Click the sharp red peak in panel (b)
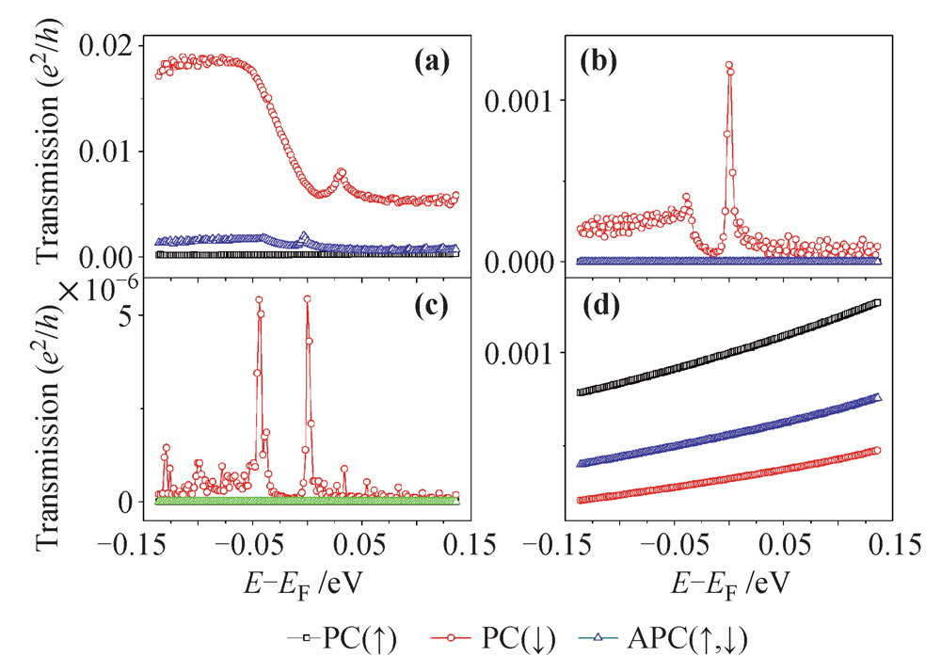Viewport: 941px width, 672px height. (x=729, y=66)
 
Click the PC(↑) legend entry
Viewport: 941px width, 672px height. (x=343, y=641)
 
